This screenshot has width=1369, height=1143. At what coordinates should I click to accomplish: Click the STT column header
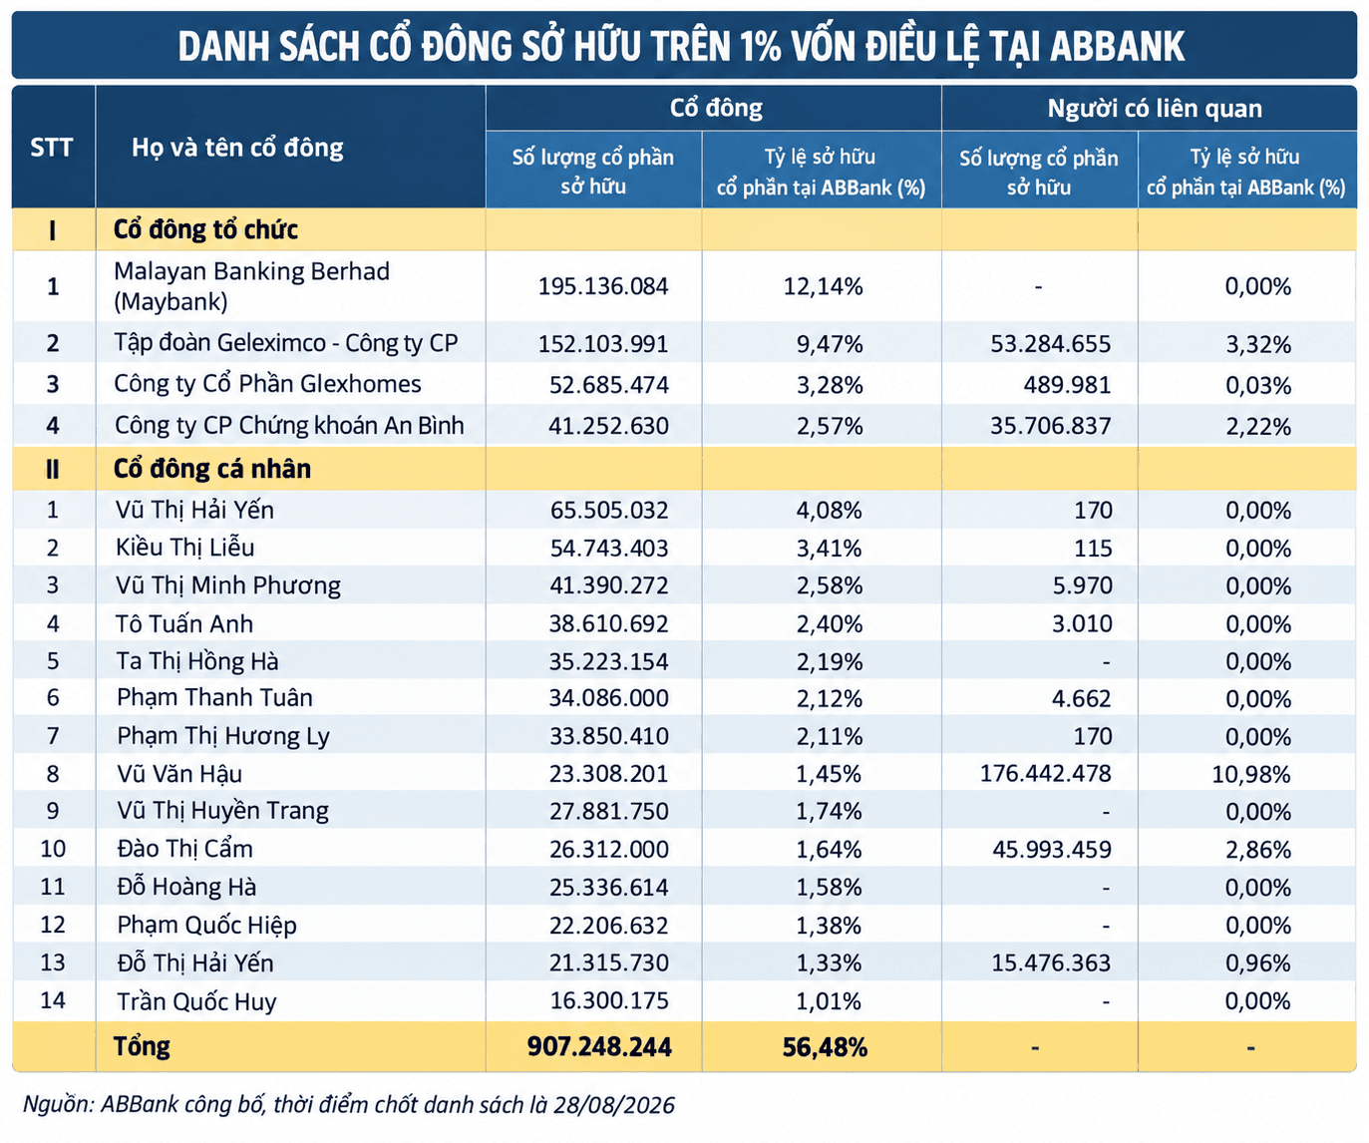pos(52,148)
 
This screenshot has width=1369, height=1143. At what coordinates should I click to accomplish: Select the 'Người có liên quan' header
pos(1155,108)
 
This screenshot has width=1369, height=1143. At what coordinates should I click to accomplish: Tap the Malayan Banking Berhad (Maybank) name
pos(252,286)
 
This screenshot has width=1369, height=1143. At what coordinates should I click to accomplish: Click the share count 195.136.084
pos(602,286)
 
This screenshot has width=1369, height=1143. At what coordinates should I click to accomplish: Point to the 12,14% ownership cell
pos(823,286)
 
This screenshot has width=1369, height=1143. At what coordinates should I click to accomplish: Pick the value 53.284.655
pos(1050,344)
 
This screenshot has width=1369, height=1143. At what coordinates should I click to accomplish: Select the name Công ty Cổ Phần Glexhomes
pos(267,384)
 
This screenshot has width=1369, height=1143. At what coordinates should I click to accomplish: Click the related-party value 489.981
pos(1068,385)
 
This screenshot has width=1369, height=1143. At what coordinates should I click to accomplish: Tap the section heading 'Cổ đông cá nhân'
pos(211,469)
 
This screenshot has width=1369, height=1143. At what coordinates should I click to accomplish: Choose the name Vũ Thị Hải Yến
pos(194,510)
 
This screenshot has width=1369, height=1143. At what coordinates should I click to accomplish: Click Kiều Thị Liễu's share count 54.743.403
pos(609,548)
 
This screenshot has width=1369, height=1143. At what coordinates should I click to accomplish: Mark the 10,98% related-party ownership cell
pos(1251,774)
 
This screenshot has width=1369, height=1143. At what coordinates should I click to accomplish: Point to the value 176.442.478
pos(1046,774)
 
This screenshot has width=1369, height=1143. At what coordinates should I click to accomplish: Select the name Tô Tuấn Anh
pos(184,623)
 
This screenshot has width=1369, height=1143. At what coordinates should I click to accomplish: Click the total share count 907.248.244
pos(599,1046)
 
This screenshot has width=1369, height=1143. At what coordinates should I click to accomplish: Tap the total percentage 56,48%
pos(825,1047)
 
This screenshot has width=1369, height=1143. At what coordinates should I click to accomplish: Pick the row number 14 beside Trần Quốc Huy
pos(53,1000)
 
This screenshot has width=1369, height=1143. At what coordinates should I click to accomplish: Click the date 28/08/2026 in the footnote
pos(613,1105)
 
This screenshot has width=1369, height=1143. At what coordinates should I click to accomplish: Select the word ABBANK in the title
pos(1117,46)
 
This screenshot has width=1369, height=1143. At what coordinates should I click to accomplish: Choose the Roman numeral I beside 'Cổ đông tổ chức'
pos(53,230)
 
